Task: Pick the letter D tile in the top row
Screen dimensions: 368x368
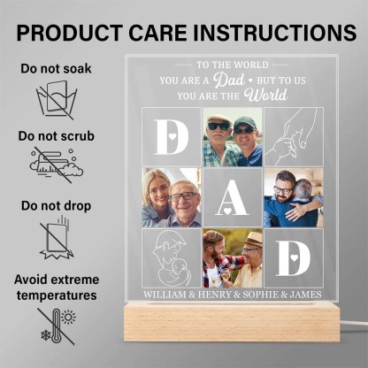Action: pyautogui.click(x=170, y=136)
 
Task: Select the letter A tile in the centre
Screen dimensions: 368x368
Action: pyautogui.click(x=232, y=196)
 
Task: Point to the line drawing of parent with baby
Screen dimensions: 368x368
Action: pyautogui.click(x=171, y=257)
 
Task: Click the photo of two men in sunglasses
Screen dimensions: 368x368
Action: pyautogui.click(x=232, y=136)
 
